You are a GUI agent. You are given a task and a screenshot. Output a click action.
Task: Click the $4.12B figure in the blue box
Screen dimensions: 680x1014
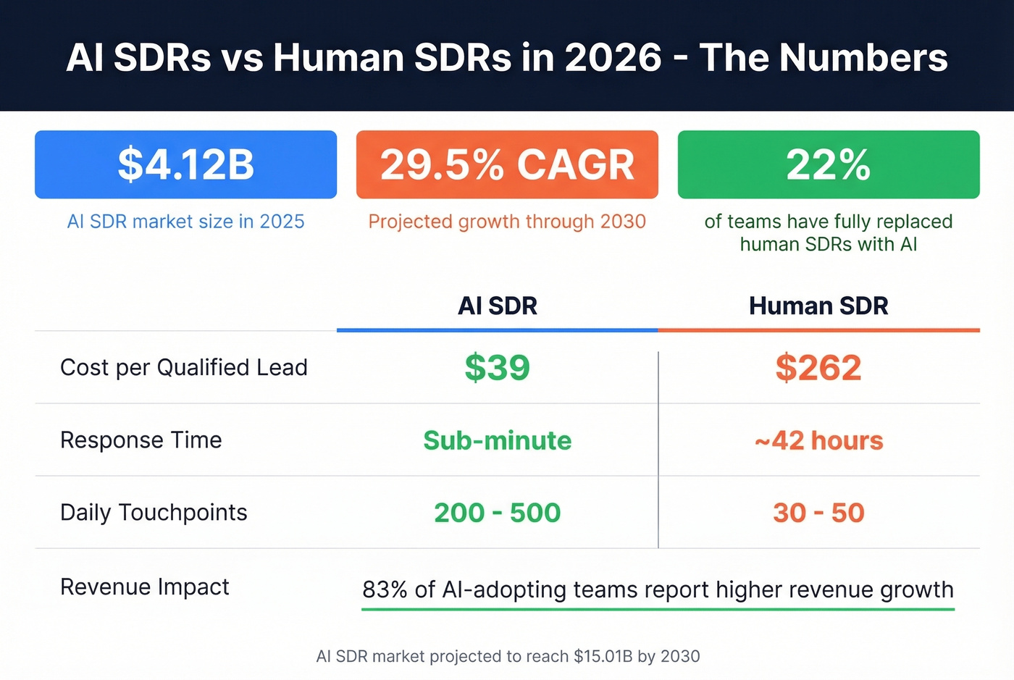point(186,164)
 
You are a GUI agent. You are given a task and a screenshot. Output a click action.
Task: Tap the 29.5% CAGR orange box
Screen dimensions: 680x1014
point(507,164)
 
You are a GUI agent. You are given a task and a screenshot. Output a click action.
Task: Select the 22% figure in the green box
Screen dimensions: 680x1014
point(829,164)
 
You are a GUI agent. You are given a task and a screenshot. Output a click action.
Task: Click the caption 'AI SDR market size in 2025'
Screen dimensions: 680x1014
point(186,222)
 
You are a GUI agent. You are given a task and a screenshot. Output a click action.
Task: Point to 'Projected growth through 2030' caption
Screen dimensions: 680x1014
point(507,222)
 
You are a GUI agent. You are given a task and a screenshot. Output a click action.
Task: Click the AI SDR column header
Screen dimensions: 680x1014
point(498,306)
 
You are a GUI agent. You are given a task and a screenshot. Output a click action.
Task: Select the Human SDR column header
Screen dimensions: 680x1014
point(818,306)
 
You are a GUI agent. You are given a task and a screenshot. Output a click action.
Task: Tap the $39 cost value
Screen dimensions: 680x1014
point(498,368)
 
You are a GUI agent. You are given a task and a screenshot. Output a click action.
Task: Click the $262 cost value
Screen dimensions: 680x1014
point(818,368)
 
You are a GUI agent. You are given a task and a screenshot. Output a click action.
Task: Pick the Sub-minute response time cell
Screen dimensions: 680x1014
point(498,440)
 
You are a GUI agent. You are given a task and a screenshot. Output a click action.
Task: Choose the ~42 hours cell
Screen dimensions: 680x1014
point(818,440)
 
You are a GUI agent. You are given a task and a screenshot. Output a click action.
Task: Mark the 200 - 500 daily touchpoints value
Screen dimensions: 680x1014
point(498,513)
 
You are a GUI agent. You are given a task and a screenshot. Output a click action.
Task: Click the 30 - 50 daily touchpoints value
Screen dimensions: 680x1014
point(818,513)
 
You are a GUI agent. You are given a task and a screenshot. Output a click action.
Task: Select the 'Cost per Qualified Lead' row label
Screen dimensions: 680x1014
point(184,368)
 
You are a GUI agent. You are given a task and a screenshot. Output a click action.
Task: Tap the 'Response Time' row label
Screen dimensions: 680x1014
point(141,440)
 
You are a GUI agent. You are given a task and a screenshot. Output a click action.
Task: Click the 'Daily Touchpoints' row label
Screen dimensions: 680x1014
point(154,513)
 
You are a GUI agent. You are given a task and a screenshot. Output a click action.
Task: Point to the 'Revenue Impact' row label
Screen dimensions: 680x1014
point(145,587)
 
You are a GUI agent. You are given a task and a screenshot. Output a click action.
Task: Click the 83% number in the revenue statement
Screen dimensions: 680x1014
point(385,590)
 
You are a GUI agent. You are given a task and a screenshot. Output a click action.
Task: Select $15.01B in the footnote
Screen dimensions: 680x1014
point(603,657)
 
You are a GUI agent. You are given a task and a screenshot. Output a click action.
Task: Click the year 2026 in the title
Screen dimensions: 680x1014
point(613,58)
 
